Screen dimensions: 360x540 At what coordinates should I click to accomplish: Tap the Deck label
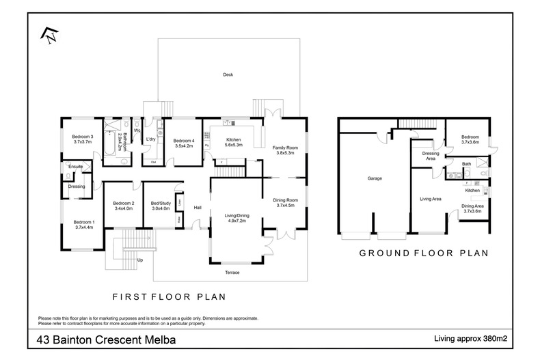[x=228, y=74]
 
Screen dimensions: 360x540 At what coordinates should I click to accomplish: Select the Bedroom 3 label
[x=82, y=137]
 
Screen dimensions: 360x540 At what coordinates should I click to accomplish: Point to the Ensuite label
[x=75, y=166]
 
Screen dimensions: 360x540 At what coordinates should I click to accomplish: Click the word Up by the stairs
[x=141, y=260]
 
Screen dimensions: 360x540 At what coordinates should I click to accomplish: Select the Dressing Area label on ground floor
[x=430, y=156]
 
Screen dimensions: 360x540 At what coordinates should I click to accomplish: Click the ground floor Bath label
[x=466, y=164]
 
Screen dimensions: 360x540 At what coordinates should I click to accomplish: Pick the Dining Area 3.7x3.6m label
[x=473, y=208]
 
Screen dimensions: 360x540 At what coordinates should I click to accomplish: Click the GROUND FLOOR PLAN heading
[x=423, y=252]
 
